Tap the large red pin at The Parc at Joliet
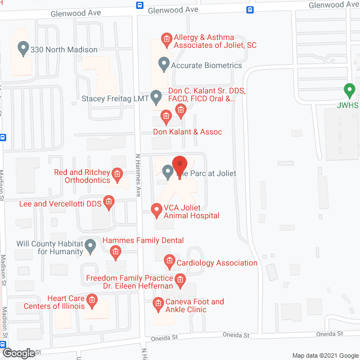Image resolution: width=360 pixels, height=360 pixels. pos(179,165)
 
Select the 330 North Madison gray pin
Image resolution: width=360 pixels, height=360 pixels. pos(23,48)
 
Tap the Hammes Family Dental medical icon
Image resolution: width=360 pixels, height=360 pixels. pos(115,251)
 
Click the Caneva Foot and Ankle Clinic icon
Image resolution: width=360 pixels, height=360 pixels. pos(158,304)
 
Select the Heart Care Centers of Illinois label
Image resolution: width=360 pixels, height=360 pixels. pos(58,302)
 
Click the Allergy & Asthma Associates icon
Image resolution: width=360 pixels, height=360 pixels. pos(166,39)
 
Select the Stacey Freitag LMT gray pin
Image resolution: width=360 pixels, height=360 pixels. pos(156,97)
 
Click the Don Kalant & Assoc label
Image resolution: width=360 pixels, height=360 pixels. pos(188,132)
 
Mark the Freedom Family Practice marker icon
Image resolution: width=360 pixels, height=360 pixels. pos(180,278)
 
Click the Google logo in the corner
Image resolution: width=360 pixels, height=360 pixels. pos(18,353)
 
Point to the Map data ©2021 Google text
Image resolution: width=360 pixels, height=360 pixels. pos(324,355)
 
